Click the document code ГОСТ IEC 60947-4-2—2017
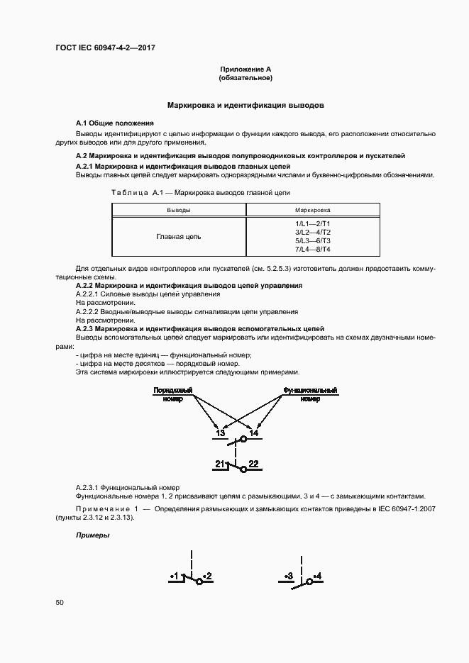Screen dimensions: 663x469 click(x=105, y=48)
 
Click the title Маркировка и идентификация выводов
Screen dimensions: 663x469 click(x=245, y=105)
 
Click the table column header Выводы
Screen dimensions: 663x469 click(x=178, y=210)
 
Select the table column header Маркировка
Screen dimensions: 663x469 click(x=312, y=210)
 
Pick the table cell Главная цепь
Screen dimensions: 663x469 click(x=178, y=236)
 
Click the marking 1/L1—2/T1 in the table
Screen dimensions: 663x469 click(x=312, y=223)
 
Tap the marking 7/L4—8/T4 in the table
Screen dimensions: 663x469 click(x=312, y=250)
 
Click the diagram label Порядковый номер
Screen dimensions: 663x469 click(x=172, y=395)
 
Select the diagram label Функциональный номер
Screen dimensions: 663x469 click(x=310, y=395)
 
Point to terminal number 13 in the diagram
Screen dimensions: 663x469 click(x=221, y=433)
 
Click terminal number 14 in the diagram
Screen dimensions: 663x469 click(x=254, y=433)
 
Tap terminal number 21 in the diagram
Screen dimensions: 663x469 click(x=221, y=464)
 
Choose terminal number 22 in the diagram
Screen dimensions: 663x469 click(x=253, y=464)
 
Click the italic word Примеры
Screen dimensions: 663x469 click(x=92, y=535)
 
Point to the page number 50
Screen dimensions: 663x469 click(x=60, y=602)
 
